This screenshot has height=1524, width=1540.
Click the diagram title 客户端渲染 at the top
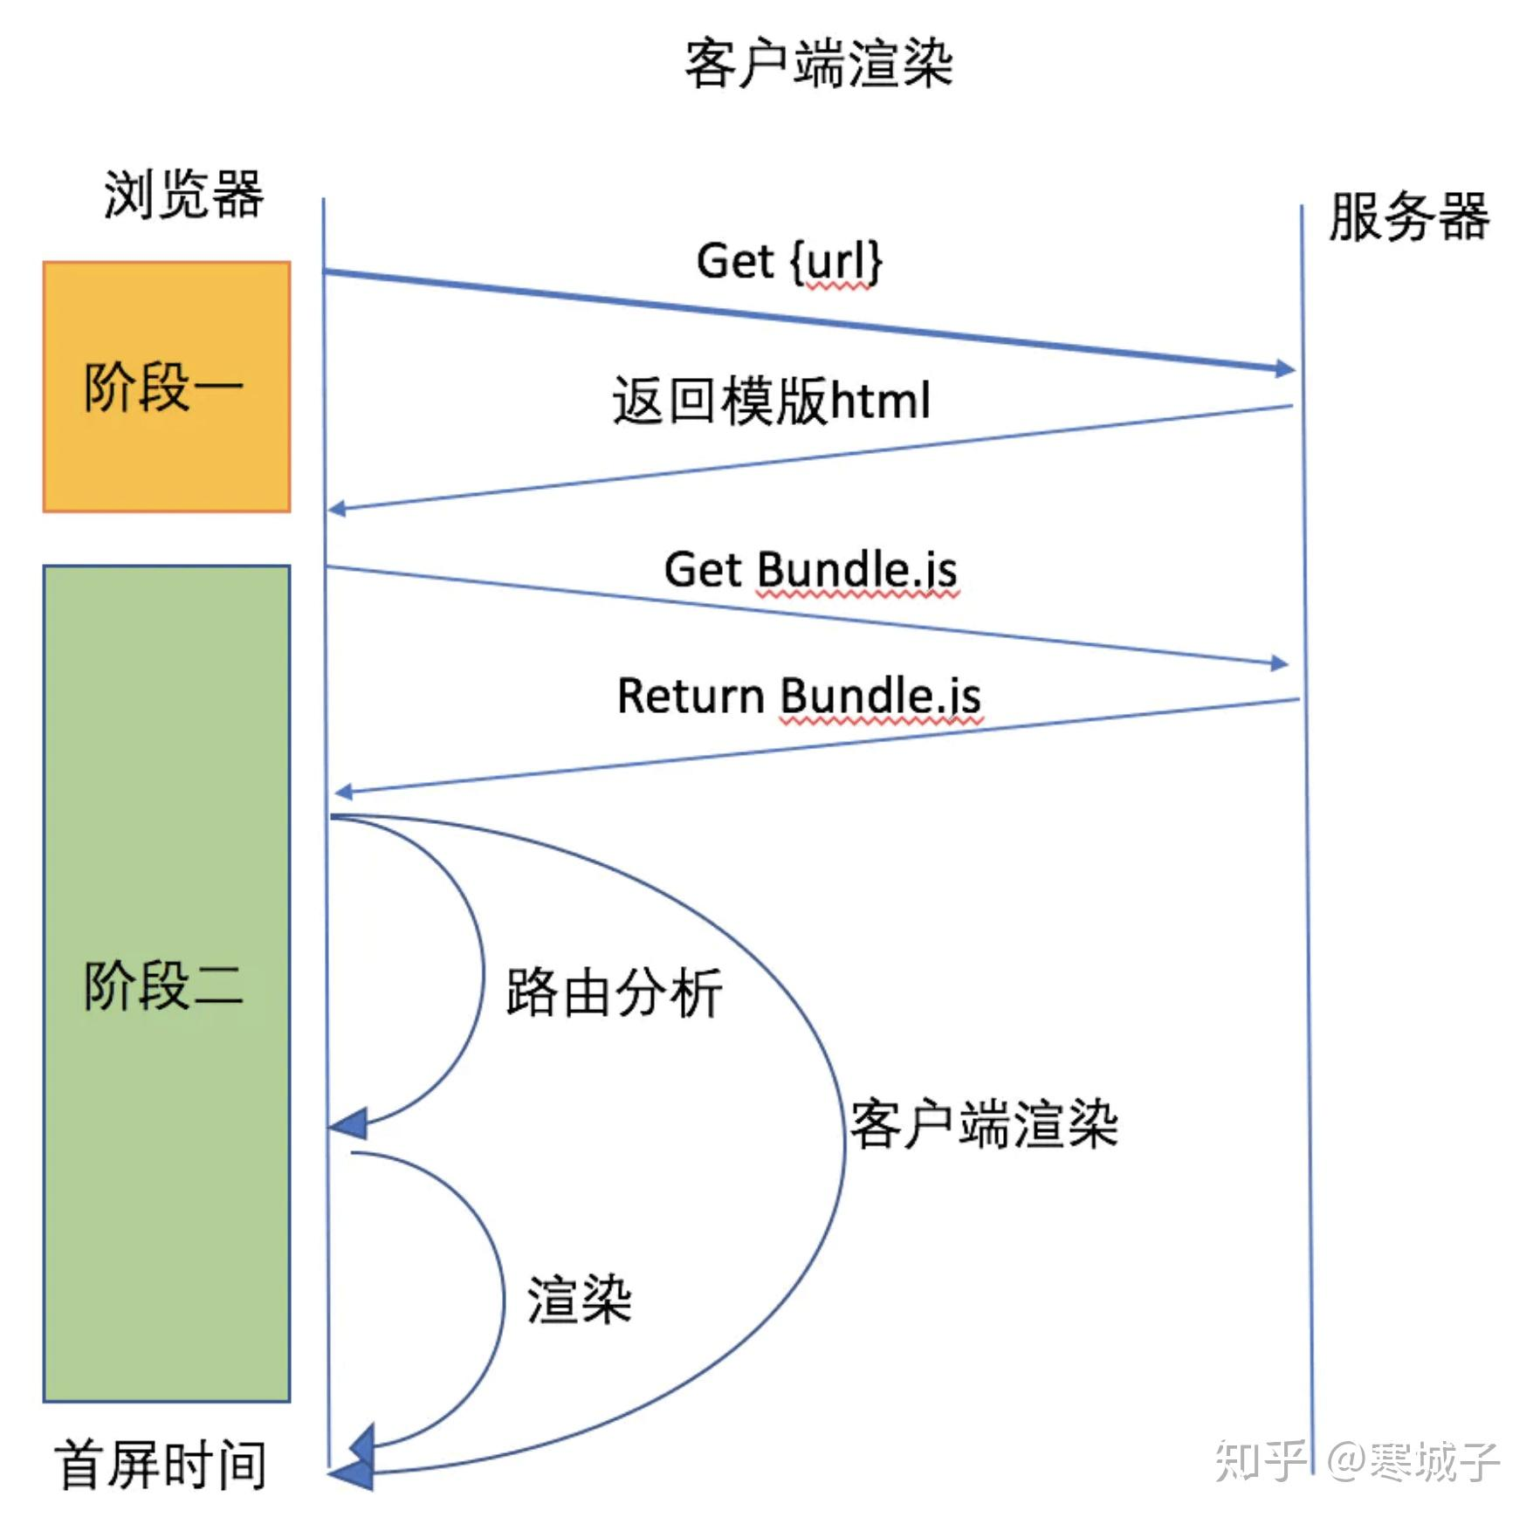point(818,64)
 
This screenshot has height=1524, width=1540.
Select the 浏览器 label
point(183,194)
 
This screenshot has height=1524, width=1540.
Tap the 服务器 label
point(1408,216)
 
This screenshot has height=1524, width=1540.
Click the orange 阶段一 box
point(167,386)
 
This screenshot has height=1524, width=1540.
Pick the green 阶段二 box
point(167,983)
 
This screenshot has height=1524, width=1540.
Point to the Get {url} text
point(788,261)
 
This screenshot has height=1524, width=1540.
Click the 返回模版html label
point(771,401)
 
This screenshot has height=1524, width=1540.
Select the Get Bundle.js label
point(810,570)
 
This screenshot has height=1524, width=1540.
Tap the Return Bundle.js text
point(799,696)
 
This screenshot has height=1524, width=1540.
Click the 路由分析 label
point(614,992)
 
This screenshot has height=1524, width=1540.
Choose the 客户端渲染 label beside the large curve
point(984,1124)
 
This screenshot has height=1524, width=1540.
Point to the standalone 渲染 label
point(579,1300)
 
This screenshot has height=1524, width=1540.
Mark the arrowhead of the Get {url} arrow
point(1285,369)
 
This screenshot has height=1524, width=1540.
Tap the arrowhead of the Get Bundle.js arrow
point(1279,663)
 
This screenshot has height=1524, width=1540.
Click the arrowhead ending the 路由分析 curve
point(349,1124)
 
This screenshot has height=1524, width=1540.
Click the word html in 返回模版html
point(880,401)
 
